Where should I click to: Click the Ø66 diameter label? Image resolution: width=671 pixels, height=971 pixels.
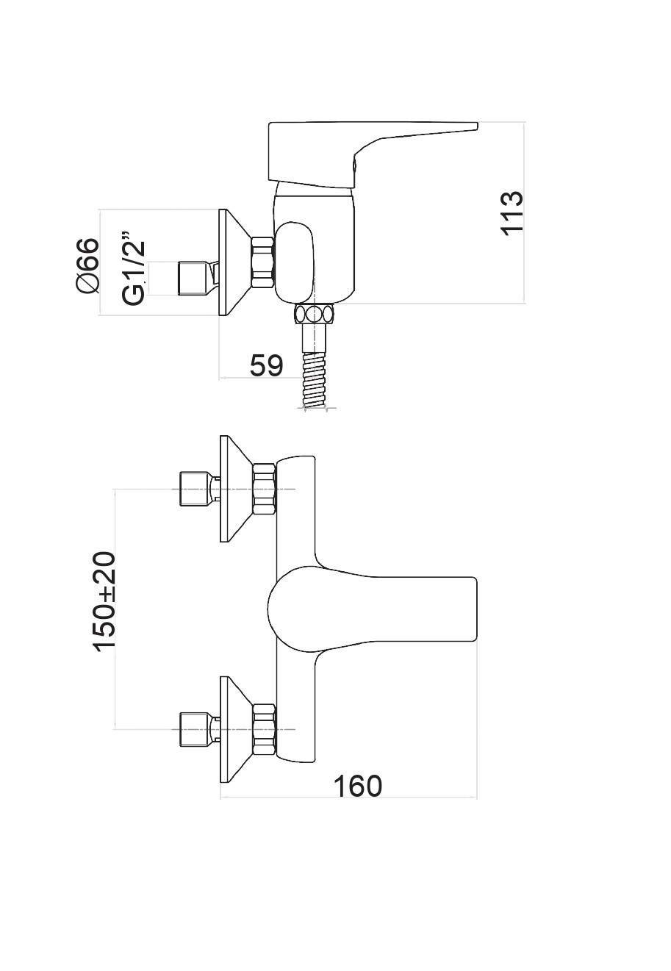click(87, 265)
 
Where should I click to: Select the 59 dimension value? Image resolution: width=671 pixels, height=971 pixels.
click(265, 365)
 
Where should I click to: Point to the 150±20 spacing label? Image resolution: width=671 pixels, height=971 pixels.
click(104, 601)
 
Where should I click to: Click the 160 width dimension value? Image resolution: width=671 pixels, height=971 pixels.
click(358, 786)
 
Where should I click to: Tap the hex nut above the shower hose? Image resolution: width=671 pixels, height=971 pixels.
click(314, 314)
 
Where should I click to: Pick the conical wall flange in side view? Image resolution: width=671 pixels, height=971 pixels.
click(232, 263)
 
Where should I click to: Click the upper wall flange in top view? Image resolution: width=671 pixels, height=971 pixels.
click(232, 489)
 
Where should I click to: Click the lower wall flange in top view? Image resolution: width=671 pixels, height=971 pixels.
click(232, 729)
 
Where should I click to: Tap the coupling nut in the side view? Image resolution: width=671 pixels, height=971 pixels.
click(262, 263)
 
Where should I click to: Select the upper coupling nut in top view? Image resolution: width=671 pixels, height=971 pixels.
click(264, 489)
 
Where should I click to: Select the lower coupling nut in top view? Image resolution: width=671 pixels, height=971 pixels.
click(264, 729)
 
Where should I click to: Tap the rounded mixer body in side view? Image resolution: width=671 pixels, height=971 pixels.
click(312, 250)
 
